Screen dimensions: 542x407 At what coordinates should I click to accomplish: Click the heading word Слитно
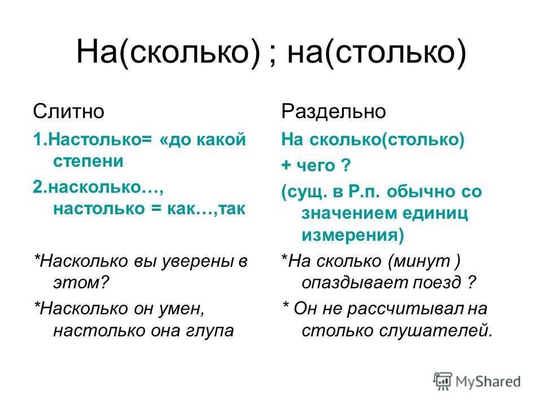[68, 111]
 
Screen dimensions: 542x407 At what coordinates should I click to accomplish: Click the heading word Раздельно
[333, 111]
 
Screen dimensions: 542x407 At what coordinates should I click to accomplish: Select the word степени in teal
[88, 161]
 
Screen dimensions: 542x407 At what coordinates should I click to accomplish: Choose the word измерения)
[352, 235]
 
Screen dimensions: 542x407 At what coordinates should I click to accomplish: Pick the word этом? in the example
[81, 283]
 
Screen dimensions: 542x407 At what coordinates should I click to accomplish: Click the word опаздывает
[355, 283]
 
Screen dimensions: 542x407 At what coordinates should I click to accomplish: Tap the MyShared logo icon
[443, 382]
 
